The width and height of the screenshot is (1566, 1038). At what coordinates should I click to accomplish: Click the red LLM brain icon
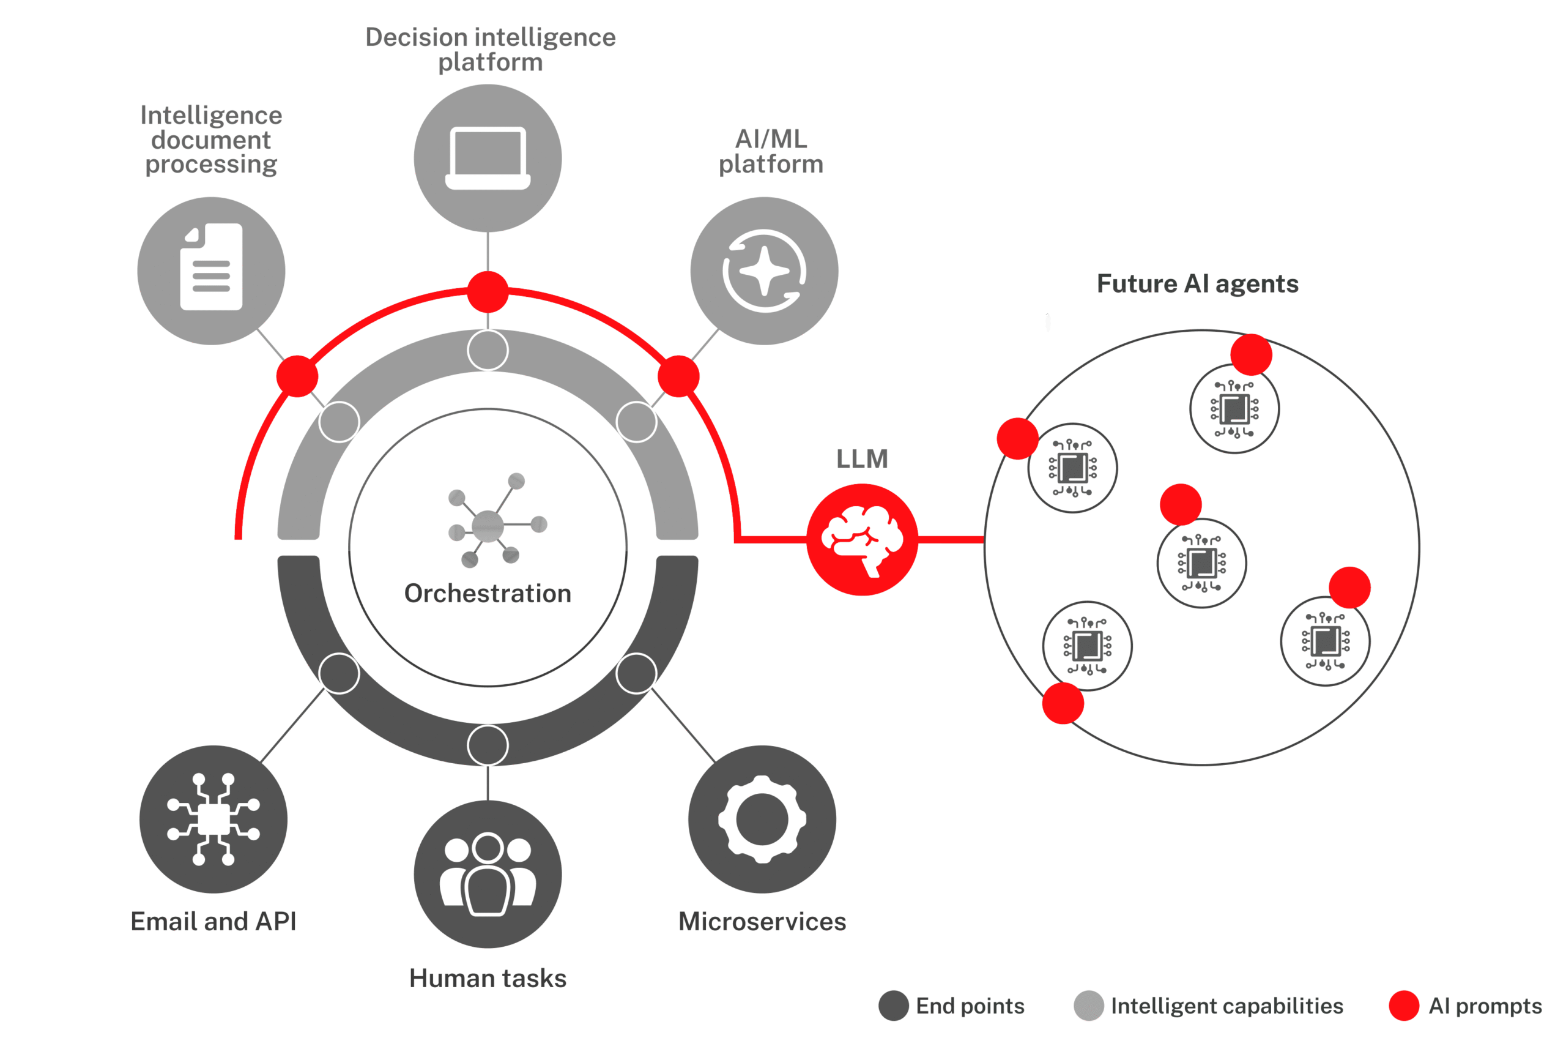coord(861,540)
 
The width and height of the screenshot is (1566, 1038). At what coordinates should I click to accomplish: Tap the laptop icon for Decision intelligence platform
coord(488,159)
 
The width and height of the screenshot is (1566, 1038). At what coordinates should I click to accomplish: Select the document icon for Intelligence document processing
coord(211,267)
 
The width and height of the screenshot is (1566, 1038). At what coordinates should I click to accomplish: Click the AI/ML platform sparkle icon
coord(764,271)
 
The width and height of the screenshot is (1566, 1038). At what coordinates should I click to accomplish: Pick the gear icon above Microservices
coord(762,819)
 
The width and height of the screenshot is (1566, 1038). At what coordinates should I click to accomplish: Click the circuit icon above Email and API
coord(213,819)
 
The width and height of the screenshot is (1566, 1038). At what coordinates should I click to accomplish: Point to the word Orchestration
coord(488,593)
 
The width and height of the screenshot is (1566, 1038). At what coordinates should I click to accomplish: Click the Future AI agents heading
coord(1198,283)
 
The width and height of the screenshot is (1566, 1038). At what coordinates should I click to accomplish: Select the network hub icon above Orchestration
coord(489,523)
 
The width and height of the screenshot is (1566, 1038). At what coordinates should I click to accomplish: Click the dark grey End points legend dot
coord(893,1006)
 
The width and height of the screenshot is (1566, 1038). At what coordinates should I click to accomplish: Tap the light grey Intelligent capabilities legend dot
coord(1088,1006)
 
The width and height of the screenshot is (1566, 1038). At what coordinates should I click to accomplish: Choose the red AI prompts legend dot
coord(1404,1006)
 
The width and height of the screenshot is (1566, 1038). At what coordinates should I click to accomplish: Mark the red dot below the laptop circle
coord(488,292)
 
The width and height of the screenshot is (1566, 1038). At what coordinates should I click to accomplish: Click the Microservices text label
coord(762,922)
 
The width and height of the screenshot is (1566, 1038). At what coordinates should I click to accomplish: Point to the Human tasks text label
coord(488,978)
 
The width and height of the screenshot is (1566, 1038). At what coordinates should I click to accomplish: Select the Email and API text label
coord(213,922)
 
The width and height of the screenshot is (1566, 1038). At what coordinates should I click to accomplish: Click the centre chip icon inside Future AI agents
coord(1201,563)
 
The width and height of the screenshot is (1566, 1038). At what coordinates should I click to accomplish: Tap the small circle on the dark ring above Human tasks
coord(488,745)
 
